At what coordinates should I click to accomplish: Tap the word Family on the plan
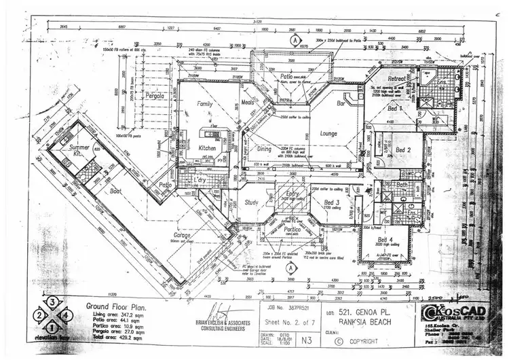tap(205, 104)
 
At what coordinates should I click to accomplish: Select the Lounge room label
tap(329, 134)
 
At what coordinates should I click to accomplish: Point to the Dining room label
tap(265, 149)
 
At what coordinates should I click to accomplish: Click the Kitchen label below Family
tap(207, 147)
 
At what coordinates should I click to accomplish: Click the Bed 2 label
tap(404, 149)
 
